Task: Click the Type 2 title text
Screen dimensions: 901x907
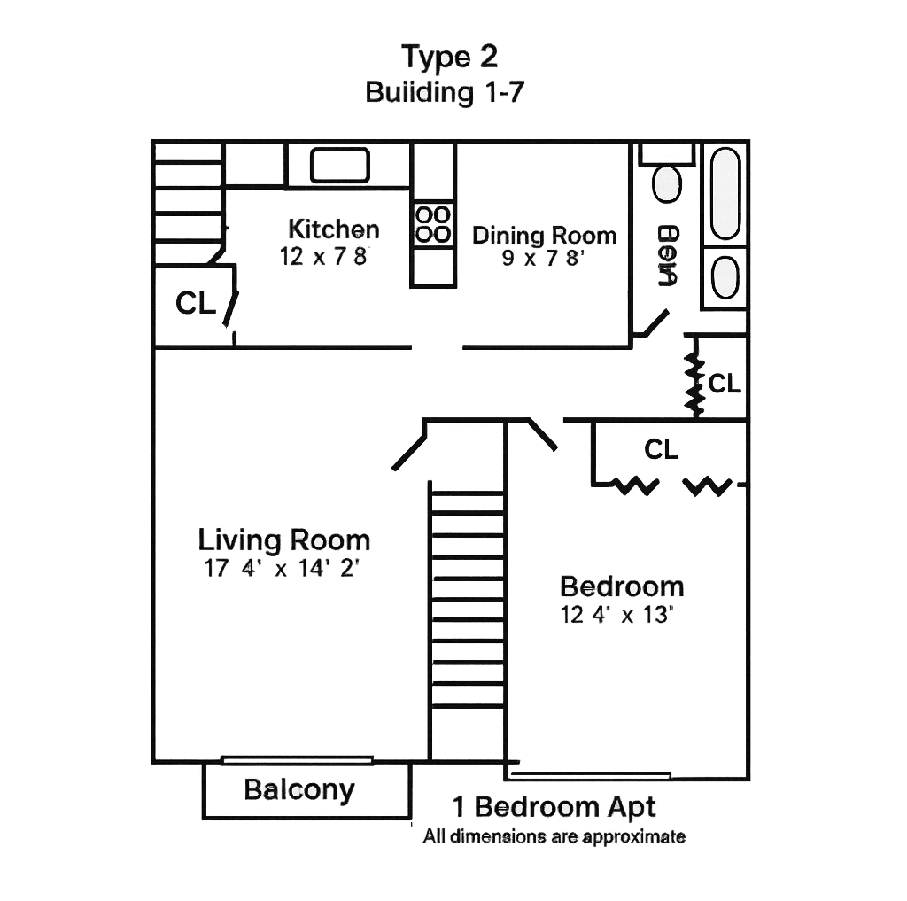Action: click(450, 57)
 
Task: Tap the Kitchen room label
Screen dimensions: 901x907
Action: click(334, 229)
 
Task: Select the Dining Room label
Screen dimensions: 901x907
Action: click(544, 236)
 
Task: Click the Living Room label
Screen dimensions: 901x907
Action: click(283, 540)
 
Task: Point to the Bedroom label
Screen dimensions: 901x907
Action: click(623, 586)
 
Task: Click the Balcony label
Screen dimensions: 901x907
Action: click(299, 789)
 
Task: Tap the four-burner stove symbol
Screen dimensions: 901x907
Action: click(433, 224)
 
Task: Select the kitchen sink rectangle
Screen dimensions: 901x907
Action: click(339, 166)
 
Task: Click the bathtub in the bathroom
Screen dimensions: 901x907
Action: click(725, 194)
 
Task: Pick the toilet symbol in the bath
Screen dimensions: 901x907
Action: click(667, 184)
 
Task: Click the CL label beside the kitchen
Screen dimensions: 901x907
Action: click(196, 304)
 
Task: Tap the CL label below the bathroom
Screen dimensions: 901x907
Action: click(725, 384)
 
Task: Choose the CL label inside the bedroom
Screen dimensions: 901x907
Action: click(661, 449)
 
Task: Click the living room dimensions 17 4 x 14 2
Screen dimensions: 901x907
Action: click(280, 569)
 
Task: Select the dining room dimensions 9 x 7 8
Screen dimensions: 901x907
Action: click(543, 259)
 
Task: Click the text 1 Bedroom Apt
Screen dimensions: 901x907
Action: click(554, 807)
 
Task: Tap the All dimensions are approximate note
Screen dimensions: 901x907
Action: click(554, 836)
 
